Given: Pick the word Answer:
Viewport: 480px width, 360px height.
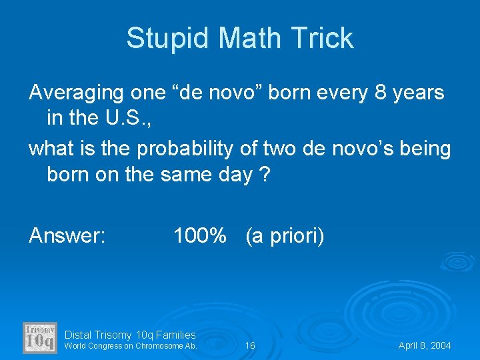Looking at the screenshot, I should coord(67,235).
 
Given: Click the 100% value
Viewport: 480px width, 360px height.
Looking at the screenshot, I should coord(199,235).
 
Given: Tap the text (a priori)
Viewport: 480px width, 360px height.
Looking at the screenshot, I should coord(285,235).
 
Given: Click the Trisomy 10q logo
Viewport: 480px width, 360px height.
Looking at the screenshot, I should coord(40,337).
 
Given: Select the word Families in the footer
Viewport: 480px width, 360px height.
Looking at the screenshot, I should coord(175,335).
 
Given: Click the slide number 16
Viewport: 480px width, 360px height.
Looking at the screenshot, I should coord(250,346).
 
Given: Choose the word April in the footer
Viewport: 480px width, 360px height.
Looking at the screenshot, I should coord(409,346).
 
